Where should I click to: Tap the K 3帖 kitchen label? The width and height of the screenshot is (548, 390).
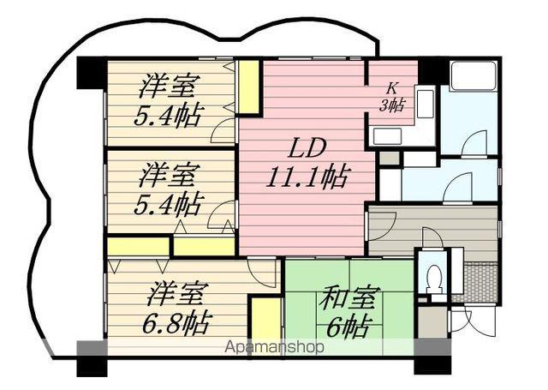point(392,97)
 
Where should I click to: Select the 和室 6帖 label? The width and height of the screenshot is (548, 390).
point(349,312)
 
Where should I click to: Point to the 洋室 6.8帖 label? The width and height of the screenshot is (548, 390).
point(177,309)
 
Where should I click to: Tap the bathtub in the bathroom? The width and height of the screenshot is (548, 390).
point(474,76)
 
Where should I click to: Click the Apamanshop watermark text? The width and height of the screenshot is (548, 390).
point(274,347)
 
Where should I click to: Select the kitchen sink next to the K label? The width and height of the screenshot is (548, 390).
point(425,104)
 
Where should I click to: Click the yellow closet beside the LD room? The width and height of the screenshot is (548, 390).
point(249,87)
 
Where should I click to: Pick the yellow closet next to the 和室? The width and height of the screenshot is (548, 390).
point(266,321)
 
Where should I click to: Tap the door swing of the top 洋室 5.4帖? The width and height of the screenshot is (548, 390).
point(223,130)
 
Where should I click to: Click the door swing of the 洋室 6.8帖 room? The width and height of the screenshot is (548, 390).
point(261,270)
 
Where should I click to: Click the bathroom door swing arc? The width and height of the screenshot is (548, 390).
point(474,142)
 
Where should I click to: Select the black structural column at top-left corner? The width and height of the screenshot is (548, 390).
point(92,73)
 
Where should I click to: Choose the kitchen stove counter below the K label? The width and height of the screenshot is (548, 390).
point(387,135)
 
